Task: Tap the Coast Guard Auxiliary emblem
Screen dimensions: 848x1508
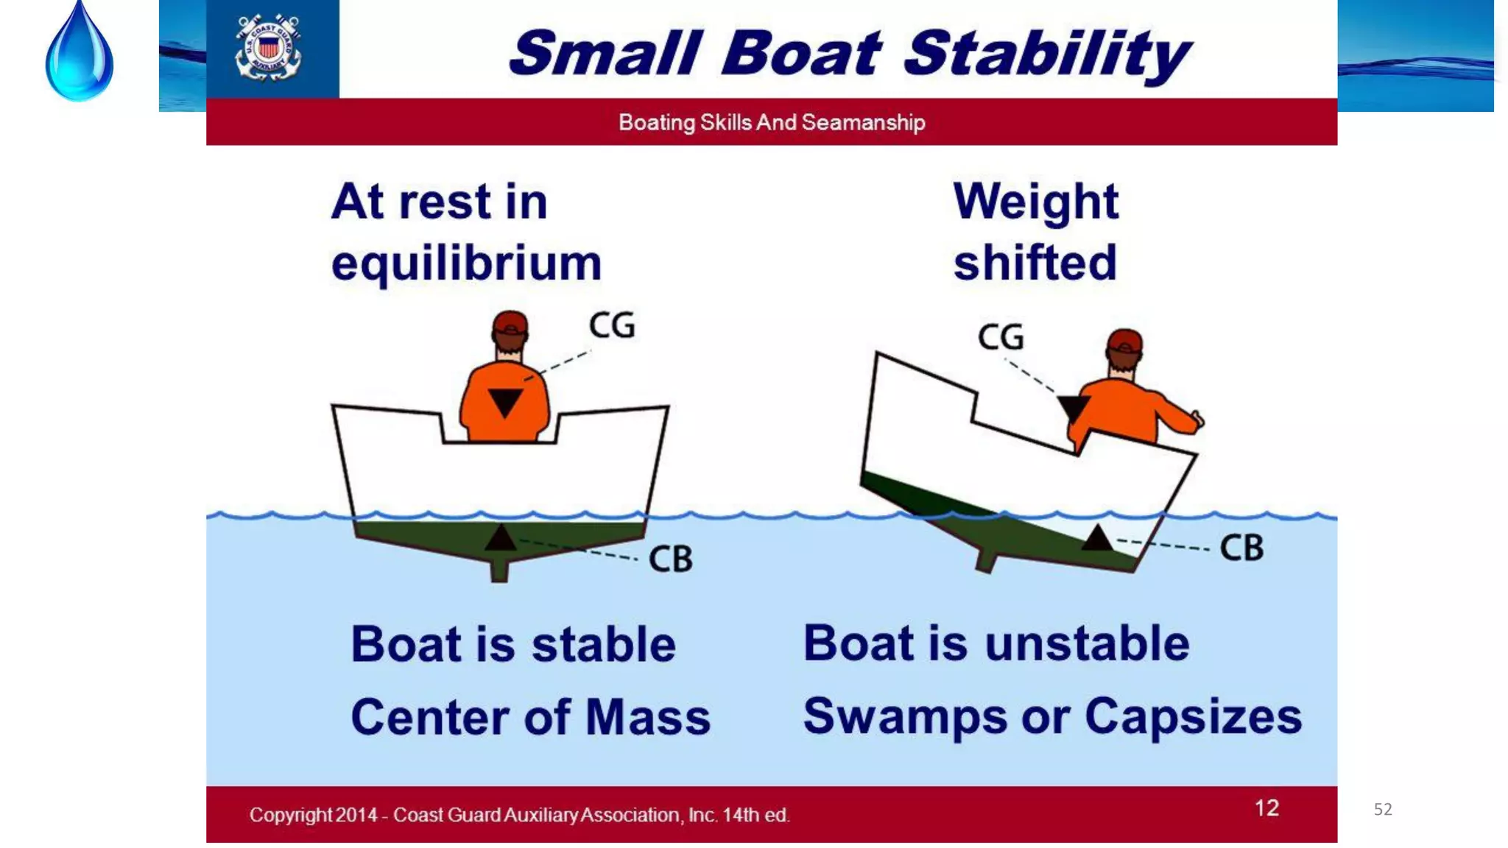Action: (x=268, y=48)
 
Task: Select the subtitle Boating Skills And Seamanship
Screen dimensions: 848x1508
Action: (x=771, y=122)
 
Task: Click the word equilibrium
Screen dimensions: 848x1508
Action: (x=466, y=264)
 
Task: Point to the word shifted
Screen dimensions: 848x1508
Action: (x=1035, y=263)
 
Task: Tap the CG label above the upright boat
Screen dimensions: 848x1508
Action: (x=611, y=325)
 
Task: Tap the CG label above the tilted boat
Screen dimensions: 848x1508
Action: (x=1000, y=337)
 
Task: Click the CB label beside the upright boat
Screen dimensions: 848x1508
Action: (x=670, y=559)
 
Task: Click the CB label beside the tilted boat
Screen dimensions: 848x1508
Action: (x=1241, y=548)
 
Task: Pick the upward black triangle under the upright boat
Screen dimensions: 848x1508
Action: (x=501, y=539)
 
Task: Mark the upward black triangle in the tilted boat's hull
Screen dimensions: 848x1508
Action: (x=1097, y=539)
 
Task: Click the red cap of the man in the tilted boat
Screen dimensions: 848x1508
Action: (x=1125, y=342)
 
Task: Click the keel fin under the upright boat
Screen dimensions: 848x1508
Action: (x=499, y=570)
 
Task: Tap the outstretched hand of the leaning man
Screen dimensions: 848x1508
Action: (x=1198, y=420)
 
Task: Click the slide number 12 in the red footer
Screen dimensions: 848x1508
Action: (x=1266, y=808)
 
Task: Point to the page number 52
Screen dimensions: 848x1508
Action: (x=1383, y=810)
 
